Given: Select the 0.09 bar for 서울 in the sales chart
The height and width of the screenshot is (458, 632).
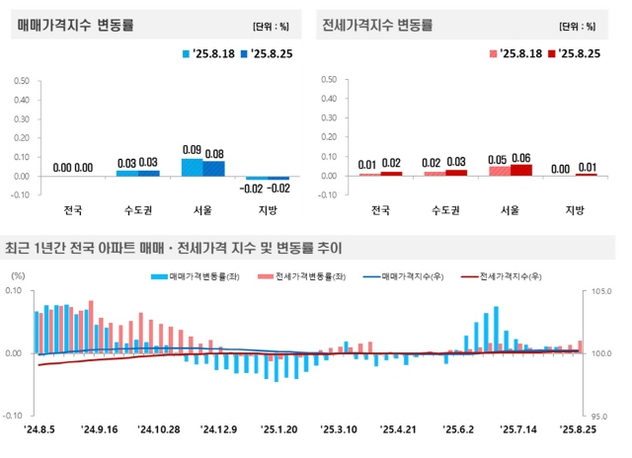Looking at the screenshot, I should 193,167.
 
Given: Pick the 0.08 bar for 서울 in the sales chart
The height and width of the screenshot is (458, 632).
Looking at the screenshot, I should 214,168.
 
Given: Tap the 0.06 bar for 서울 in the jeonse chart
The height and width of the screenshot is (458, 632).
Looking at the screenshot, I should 520,170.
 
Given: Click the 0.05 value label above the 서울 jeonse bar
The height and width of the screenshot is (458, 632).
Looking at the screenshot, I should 499,158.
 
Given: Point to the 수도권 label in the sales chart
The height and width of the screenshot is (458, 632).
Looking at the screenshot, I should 137,209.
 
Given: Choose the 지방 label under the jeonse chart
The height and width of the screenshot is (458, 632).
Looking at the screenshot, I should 575,209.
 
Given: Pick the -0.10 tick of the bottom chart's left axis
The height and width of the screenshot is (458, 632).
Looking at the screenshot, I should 20,416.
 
